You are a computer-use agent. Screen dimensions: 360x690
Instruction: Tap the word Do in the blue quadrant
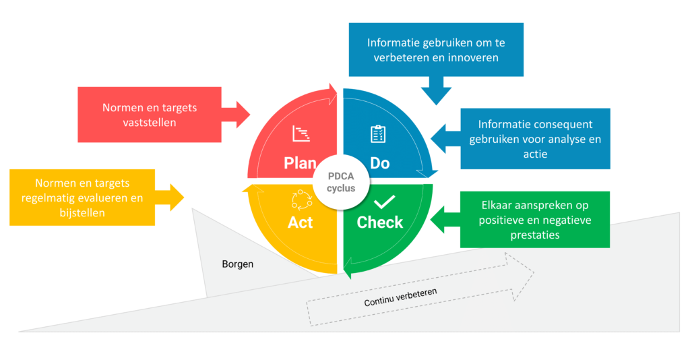[379, 163]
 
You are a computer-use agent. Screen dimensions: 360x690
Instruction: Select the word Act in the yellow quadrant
[300, 222]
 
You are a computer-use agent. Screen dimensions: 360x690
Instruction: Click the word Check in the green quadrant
[379, 222]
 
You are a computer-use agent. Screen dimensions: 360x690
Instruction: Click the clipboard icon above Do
[378, 134]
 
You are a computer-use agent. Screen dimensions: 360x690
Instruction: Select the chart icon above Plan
[301, 134]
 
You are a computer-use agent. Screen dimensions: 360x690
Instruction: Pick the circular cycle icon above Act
[301, 199]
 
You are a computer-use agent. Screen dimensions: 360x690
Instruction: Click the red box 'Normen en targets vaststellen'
[150, 114]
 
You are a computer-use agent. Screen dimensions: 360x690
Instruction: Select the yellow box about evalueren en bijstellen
[82, 197]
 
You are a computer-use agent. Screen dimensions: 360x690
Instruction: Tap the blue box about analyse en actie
[535, 139]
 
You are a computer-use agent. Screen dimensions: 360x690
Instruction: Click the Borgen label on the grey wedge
[238, 264]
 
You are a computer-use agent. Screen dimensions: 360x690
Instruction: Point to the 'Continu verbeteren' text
[400, 297]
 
